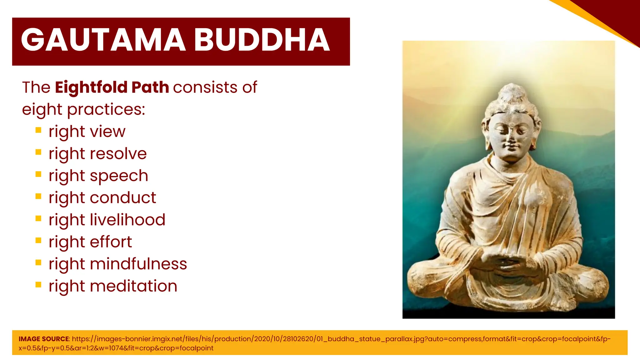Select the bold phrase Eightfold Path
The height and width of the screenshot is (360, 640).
click(x=112, y=87)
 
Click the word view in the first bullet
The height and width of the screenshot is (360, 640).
click(x=107, y=132)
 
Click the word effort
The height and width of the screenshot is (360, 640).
click(x=111, y=242)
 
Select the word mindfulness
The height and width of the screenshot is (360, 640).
click(x=138, y=264)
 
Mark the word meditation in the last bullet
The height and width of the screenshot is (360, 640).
click(x=133, y=286)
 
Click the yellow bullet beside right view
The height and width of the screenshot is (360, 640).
click(x=38, y=130)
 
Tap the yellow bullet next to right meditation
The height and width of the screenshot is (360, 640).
click(x=38, y=285)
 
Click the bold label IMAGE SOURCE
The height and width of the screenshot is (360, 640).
click(x=44, y=339)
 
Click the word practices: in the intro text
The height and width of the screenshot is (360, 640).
click(x=106, y=109)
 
